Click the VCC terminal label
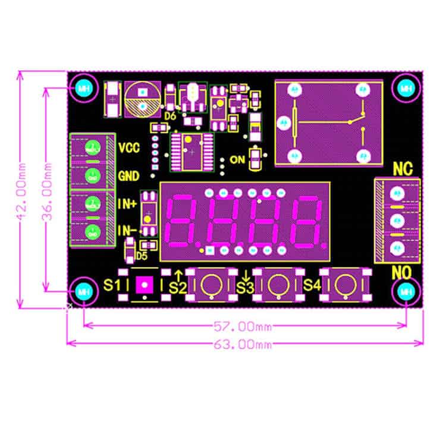tap(129, 147)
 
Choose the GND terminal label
tap(129, 176)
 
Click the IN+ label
tap(127, 204)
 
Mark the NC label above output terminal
tap(403, 169)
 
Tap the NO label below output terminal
tap(403, 273)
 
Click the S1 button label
tap(112, 285)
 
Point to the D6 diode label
tap(170, 117)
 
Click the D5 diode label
tap(141, 256)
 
